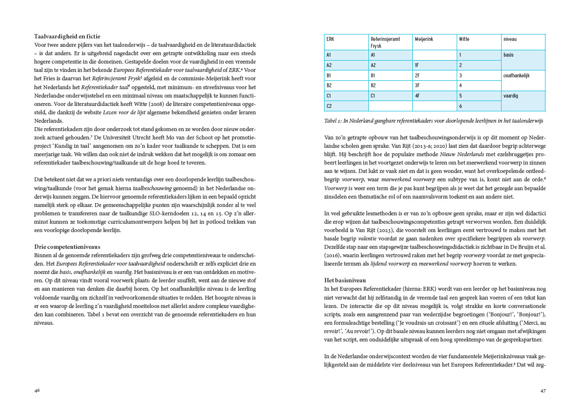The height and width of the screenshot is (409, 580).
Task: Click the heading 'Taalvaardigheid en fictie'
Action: tap(67, 36)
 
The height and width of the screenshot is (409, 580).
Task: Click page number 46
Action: tap(37, 390)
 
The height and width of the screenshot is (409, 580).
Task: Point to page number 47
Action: tap(543, 390)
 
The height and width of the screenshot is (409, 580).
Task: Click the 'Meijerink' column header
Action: tap(424, 39)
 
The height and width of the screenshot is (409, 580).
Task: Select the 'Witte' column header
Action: tap(464, 39)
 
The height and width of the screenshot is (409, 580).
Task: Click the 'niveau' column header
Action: tap(510, 39)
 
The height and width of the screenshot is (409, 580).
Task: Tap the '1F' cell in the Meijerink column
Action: tap(417, 65)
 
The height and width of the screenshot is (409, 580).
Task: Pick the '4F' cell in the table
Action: tap(417, 96)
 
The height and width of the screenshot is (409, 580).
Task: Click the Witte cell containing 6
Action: tap(460, 106)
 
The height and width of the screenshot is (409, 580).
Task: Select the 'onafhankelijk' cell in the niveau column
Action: tap(516, 75)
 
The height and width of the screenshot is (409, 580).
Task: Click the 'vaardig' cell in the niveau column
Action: tap(511, 96)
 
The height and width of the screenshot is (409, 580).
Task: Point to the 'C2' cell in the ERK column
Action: tap(329, 106)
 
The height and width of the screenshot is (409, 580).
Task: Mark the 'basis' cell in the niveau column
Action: tap(508, 55)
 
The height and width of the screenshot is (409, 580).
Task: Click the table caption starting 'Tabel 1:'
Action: tap(434, 121)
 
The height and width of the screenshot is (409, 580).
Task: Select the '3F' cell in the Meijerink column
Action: tap(417, 86)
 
